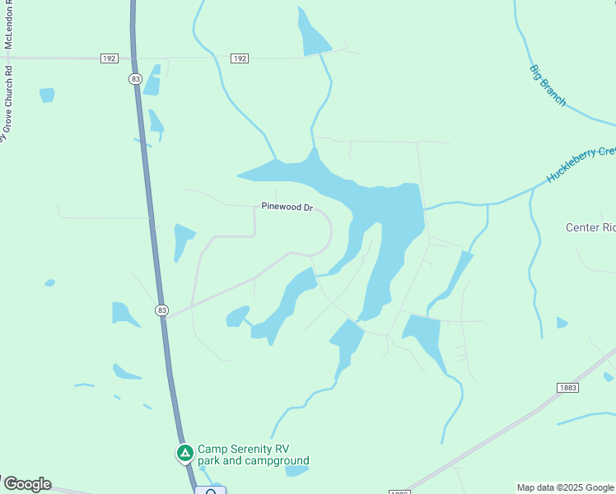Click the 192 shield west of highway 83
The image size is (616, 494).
click(x=109, y=58)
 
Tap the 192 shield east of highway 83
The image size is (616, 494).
click(x=239, y=58)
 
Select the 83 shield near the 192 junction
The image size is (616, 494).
click(x=135, y=78)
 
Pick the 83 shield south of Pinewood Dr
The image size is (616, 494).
click(x=161, y=310)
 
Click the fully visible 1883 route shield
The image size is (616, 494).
click(x=567, y=388)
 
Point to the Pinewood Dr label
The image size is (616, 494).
click(x=287, y=207)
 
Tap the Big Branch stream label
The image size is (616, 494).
click(x=548, y=85)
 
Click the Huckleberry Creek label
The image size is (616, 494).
click(x=581, y=164)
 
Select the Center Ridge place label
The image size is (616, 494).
click(x=590, y=227)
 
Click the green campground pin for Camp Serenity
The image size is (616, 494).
click(x=186, y=454)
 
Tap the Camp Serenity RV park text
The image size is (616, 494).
click(x=254, y=455)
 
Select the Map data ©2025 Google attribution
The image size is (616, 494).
click(x=566, y=487)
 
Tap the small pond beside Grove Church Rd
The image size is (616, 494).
click(x=47, y=95)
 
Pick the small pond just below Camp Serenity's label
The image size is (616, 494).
click(x=296, y=472)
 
